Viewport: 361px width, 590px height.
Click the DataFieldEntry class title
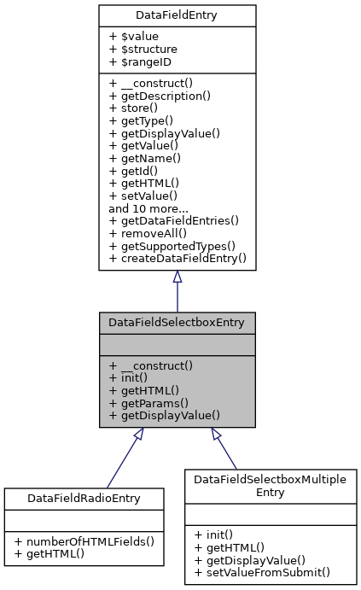coord(177,15)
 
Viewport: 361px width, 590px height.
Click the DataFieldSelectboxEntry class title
coord(177,323)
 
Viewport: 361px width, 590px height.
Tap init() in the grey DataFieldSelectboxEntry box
coord(130,378)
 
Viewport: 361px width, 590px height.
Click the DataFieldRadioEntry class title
coord(83,497)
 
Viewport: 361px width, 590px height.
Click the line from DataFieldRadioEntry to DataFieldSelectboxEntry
coord(119,462)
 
